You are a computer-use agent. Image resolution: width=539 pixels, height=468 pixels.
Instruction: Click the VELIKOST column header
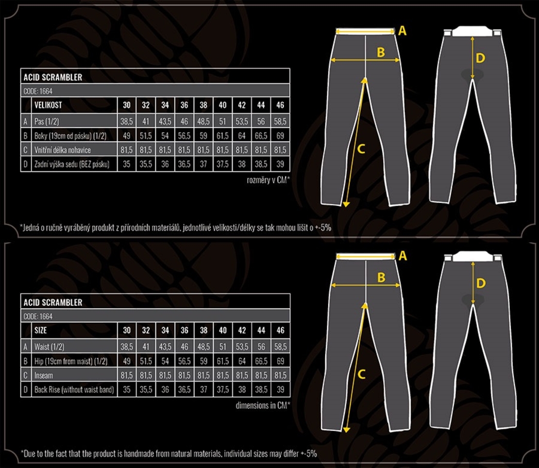coord(48,105)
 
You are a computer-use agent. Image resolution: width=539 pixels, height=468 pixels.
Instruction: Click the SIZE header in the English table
coord(41,331)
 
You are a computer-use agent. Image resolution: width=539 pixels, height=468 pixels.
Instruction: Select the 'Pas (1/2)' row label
coord(47,121)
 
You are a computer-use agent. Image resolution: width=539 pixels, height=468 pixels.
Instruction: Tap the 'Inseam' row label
coord(44,376)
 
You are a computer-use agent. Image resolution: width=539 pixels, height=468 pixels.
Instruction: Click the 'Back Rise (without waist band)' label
coord(74,390)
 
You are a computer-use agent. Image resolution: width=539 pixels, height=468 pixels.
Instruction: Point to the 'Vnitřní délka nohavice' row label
coord(63,150)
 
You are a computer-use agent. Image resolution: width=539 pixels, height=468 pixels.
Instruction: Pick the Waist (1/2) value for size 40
coord(223,347)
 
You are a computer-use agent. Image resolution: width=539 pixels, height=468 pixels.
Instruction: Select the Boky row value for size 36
coord(184,136)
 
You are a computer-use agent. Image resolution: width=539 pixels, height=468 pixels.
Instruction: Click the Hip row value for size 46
coord(281,361)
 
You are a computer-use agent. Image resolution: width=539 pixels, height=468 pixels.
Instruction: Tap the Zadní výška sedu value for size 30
coord(127,164)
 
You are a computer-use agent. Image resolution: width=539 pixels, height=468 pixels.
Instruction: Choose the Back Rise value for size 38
coord(203,390)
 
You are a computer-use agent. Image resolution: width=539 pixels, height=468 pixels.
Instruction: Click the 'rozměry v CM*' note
coord(269,180)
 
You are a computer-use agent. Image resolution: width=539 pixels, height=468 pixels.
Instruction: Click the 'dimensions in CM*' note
coord(263,405)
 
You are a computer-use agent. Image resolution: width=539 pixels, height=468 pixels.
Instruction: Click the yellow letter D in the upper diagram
coord(480,58)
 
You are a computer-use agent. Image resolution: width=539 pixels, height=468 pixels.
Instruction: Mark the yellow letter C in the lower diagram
coord(361,374)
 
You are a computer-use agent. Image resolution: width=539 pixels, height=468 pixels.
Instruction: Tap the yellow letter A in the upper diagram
coord(402,31)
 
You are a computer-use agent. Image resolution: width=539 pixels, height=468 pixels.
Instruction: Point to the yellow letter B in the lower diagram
coord(381,277)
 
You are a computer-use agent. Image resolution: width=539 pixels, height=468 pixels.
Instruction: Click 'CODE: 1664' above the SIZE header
coord(38,317)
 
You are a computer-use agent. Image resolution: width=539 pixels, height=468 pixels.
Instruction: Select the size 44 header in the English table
coord(261,331)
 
